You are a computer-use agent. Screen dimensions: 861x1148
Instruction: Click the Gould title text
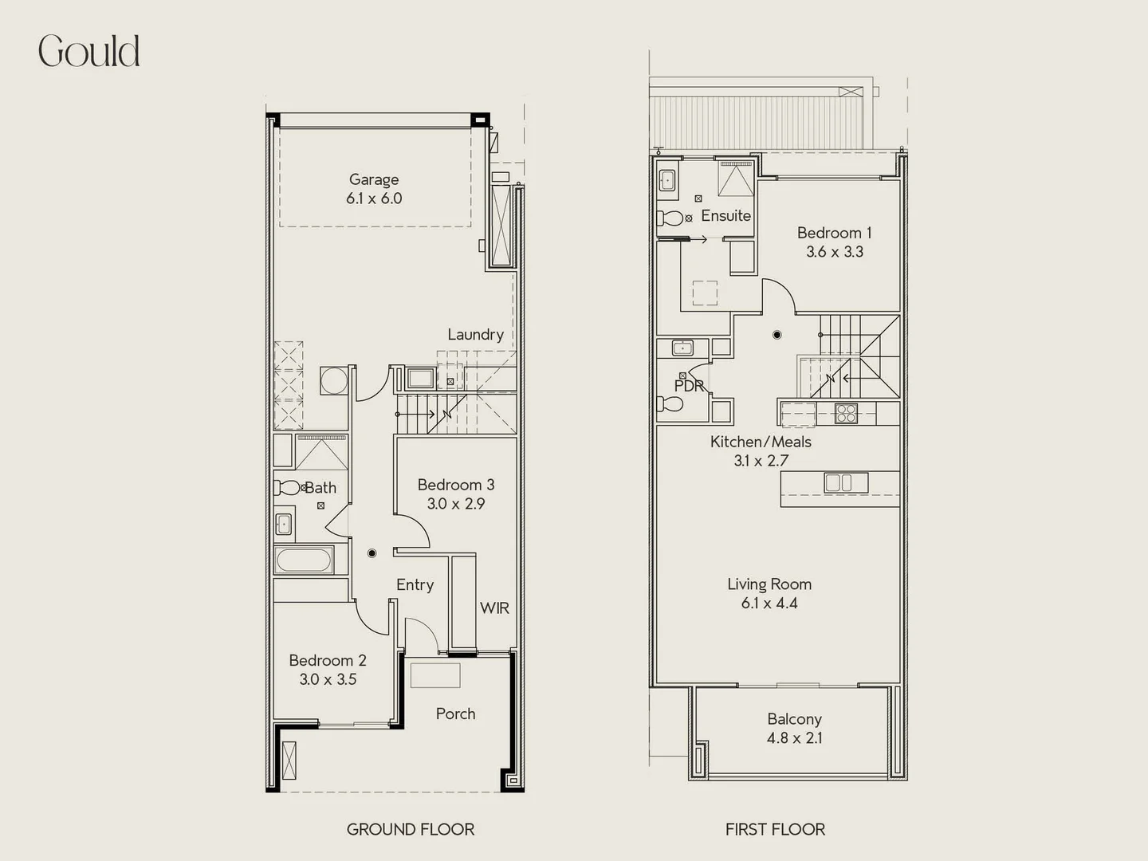click(x=89, y=52)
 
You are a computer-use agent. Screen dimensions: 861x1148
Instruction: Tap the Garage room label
click(x=373, y=179)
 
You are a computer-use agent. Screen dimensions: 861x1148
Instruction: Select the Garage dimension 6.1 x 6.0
click(x=373, y=199)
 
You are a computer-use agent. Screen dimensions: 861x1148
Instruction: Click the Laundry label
click(x=475, y=334)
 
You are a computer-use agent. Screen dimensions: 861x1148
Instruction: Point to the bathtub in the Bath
click(x=304, y=560)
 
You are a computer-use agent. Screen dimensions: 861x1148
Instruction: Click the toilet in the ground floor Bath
click(x=288, y=487)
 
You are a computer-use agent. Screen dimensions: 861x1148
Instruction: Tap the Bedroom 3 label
click(x=455, y=485)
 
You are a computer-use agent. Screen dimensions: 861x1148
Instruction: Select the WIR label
click(x=494, y=607)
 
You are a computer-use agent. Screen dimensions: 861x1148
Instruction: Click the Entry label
click(x=415, y=584)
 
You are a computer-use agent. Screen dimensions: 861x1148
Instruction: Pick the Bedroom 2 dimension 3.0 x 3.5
click(x=328, y=679)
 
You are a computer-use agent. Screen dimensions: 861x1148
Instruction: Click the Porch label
click(x=455, y=714)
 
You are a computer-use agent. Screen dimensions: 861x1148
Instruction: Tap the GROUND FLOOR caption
click(x=410, y=829)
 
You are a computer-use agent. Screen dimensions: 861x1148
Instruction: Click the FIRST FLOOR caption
click(x=775, y=829)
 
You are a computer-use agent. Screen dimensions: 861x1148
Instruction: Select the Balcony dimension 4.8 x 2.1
click(x=794, y=738)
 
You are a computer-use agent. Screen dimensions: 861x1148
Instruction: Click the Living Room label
click(x=769, y=584)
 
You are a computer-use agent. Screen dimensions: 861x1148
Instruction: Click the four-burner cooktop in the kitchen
click(x=845, y=413)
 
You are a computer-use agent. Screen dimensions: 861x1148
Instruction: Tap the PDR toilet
click(x=670, y=404)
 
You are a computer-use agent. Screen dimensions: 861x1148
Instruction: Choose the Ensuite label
click(x=725, y=215)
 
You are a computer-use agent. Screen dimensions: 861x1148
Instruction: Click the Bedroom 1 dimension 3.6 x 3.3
click(x=834, y=252)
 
